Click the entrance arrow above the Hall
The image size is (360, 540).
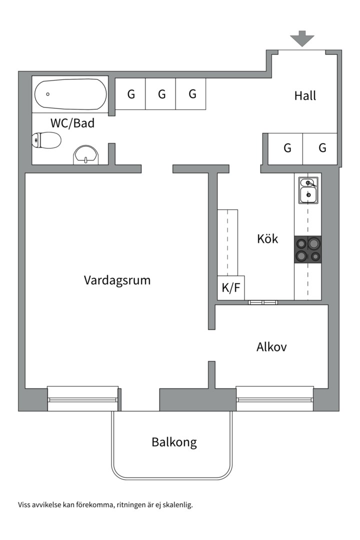(x=302, y=38)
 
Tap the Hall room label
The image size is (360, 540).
(x=305, y=95)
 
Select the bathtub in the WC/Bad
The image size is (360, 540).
(x=70, y=94)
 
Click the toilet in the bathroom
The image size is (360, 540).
(x=46, y=140)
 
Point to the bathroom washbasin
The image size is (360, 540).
(x=86, y=155)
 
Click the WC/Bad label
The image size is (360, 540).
(x=72, y=123)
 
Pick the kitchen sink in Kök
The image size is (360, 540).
(x=307, y=190)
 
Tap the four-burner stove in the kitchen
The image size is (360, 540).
(x=307, y=249)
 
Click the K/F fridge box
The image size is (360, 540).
(x=230, y=288)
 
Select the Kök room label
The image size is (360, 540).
(x=267, y=239)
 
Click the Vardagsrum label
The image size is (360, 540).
(x=117, y=280)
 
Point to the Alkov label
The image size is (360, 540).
(x=271, y=347)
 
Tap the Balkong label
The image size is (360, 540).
(x=174, y=442)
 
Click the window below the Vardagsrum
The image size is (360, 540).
(x=83, y=398)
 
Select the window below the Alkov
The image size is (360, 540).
(x=275, y=398)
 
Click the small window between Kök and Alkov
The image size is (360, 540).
(x=262, y=302)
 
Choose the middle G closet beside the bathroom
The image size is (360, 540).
(x=161, y=93)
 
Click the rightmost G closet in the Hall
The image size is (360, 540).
(x=322, y=148)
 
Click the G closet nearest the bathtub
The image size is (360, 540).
(x=131, y=93)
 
